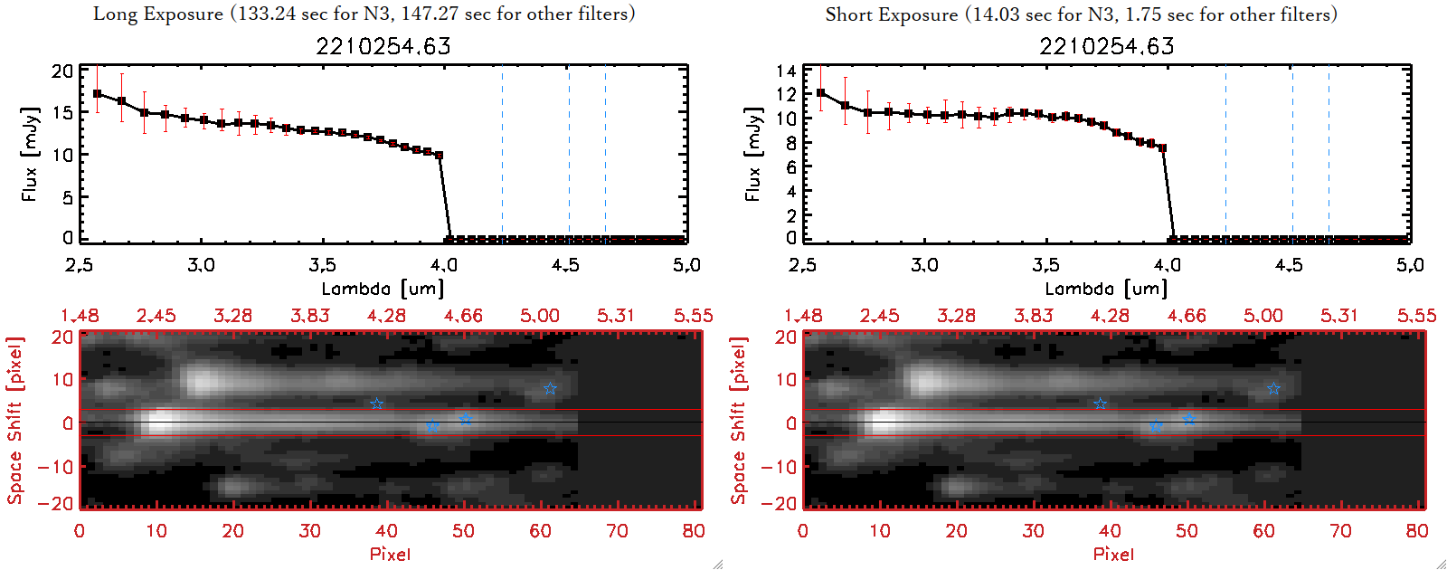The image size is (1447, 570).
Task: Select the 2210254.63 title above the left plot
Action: pos(383,46)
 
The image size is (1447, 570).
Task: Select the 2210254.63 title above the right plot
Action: pos(1107,46)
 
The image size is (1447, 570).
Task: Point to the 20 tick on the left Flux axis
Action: pos(62,71)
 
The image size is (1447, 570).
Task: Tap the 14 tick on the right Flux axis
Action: pos(786,71)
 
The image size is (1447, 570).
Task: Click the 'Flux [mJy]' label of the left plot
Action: pos(30,154)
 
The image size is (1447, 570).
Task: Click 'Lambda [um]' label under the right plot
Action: pos(1106,289)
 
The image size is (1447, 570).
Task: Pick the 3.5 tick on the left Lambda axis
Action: pos(322,265)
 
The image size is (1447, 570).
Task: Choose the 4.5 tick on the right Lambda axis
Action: pos(1289,265)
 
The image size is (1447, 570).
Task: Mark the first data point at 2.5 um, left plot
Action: pos(98,93)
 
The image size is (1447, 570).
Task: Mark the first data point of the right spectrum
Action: pos(821,92)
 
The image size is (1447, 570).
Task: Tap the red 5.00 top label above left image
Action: pos(540,316)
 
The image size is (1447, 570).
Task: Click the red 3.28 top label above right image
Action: pos(956,316)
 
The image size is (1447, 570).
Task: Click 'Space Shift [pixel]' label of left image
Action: pos(14,421)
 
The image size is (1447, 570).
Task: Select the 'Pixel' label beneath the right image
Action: pos(1113,554)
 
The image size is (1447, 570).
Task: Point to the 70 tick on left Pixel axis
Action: pos(617,531)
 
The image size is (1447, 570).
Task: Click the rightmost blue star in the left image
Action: pos(550,389)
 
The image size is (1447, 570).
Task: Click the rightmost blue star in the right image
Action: pos(1273,389)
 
